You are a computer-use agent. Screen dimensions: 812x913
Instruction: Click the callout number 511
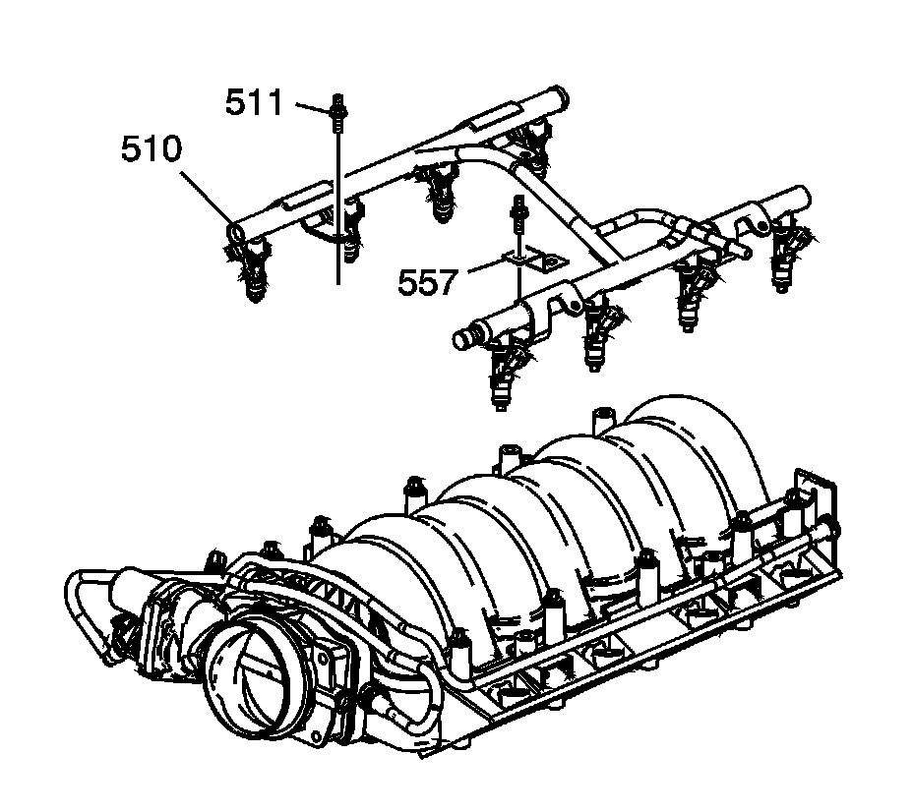click(x=254, y=102)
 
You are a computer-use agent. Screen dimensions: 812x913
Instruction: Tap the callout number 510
click(x=151, y=150)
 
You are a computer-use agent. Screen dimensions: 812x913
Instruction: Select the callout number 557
click(x=428, y=283)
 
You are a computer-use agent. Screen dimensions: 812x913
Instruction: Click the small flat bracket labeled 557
click(x=532, y=259)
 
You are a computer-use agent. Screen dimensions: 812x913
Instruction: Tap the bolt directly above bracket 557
click(x=517, y=212)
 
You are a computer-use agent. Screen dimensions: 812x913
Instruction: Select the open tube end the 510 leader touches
click(x=238, y=230)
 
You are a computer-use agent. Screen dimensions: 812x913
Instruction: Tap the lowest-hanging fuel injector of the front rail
click(x=502, y=378)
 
